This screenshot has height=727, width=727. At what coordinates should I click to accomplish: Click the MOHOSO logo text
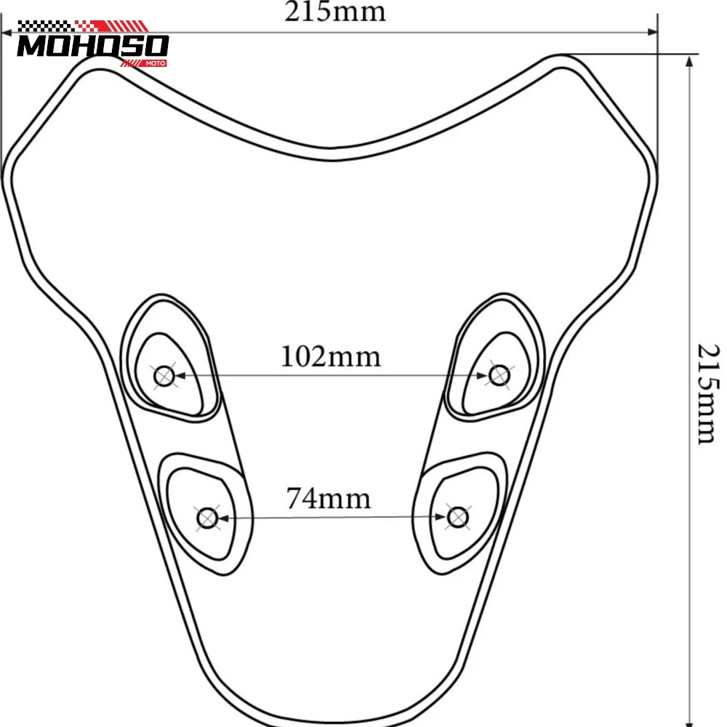(x=93, y=46)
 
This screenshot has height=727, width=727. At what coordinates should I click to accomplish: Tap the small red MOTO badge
(x=156, y=63)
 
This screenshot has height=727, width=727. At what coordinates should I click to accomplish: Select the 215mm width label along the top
(x=334, y=12)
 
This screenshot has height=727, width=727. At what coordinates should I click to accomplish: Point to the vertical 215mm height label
(x=708, y=394)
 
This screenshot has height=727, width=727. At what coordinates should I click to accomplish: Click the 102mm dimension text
(x=331, y=356)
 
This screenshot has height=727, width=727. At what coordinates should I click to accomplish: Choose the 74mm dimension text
(x=329, y=499)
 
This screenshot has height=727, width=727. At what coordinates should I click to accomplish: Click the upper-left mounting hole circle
(x=164, y=376)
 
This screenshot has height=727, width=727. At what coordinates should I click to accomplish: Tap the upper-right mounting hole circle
(x=499, y=375)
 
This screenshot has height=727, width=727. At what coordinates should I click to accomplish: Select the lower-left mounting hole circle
(x=207, y=518)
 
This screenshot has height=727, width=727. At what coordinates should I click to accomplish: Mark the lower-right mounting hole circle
(x=457, y=517)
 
